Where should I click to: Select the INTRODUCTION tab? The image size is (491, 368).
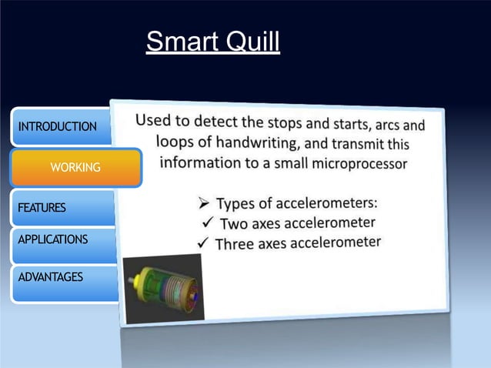point(58,127)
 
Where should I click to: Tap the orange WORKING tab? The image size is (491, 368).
point(75,167)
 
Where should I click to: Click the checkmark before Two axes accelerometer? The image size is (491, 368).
point(205,225)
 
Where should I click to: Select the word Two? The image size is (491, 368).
point(235,225)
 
